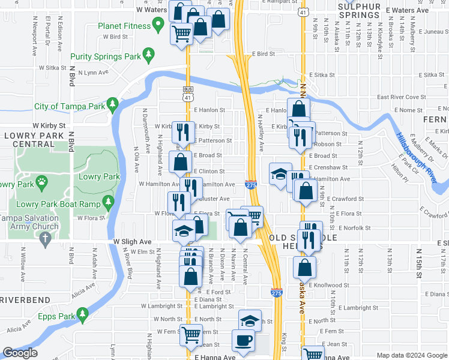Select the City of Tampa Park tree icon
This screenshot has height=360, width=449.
[x=112, y=106]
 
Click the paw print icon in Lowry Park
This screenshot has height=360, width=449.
[x=41, y=181]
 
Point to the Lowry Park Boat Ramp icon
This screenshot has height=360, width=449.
[x=108, y=203]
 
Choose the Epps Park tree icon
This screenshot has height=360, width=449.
[x=82, y=314]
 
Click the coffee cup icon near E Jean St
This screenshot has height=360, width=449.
[x=244, y=340]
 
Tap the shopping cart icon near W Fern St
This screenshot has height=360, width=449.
[x=191, y=334]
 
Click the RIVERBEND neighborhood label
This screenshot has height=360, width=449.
[x=20, y=299]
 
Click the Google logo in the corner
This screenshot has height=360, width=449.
[x=20, y=353]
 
